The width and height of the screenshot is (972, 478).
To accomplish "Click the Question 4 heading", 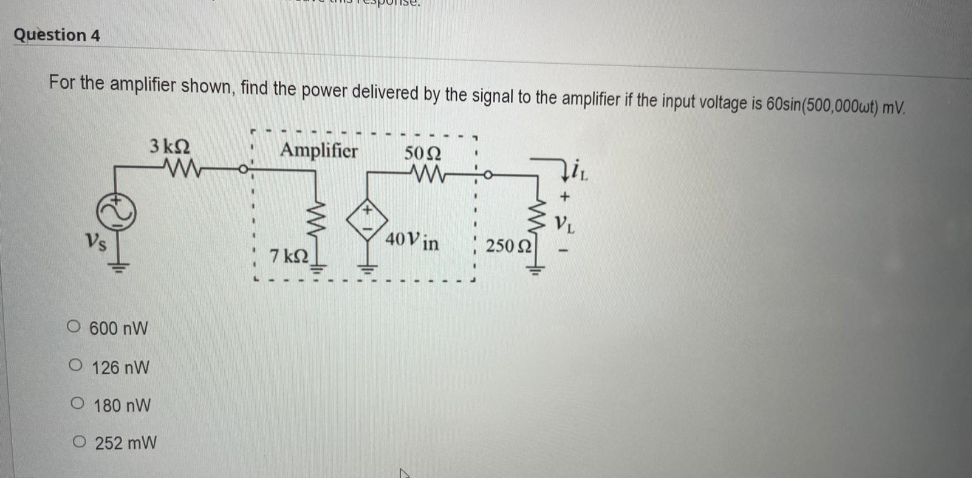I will coord(56,35).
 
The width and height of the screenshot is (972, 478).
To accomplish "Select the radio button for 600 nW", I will coord(74,327).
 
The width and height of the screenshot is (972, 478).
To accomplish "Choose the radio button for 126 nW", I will coord(75,366).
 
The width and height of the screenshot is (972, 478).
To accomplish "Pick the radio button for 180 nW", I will coord(77,403).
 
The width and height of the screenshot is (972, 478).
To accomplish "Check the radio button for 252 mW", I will coord(79,442).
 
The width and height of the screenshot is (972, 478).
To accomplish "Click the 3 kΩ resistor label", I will coord(169,146).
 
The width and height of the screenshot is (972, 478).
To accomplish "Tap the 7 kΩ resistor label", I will coord(289,256).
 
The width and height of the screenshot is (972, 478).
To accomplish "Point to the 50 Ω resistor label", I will coord(423,152).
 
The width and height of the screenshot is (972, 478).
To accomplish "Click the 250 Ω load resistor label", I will coord(508,246).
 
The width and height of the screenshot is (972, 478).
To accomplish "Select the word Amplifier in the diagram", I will coord(319,150).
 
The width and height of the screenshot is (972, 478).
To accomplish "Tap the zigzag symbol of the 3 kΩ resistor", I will coord(182,166).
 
